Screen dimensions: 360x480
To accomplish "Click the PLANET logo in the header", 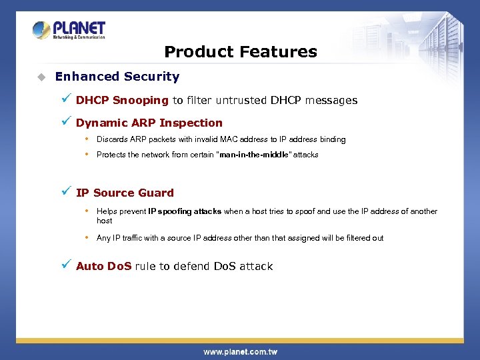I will [69, 30].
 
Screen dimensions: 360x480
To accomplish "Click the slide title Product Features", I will [240, 51].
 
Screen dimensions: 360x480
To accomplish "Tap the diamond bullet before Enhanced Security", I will [41, 77].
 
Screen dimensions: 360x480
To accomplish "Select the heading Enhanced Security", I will [117, 77].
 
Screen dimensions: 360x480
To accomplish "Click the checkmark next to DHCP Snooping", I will [65, 99].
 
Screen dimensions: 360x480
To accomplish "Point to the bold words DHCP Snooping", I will [122, 101].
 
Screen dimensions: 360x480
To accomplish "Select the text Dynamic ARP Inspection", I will [149, 123].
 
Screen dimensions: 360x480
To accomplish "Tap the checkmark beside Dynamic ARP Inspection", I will [65, 121].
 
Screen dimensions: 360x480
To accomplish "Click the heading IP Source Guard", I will [125, 193].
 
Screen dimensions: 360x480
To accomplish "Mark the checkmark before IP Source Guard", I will [65, 191].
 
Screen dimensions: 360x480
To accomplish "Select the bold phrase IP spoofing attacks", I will [185, 211].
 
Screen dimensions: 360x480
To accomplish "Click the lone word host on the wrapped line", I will [105, 221].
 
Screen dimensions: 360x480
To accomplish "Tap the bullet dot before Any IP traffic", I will [87, 237].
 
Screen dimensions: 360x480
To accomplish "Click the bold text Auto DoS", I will [104, 266].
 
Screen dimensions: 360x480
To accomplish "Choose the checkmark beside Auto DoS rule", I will [65, 265].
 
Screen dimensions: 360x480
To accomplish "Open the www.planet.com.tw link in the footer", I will [240, 351].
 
